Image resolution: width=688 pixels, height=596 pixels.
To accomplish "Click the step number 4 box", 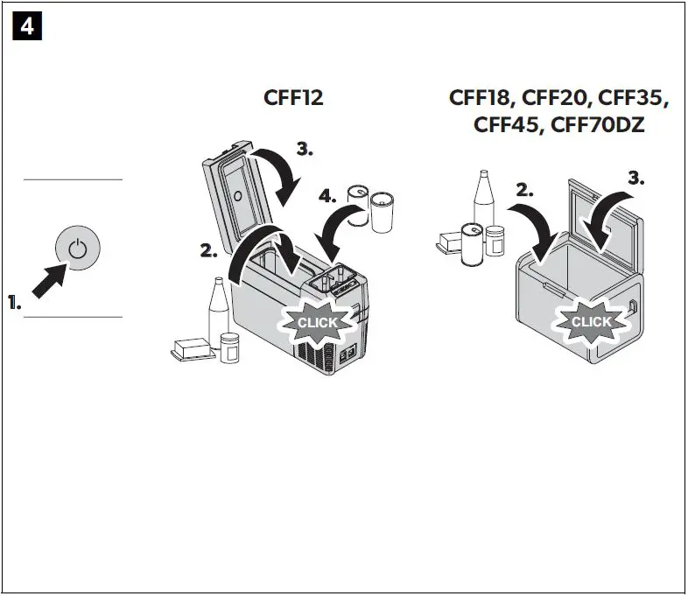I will tap(28, 27).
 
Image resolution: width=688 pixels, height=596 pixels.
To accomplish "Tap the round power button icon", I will tap(78, 248).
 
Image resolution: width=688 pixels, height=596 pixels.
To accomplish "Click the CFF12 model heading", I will tap(293, 98).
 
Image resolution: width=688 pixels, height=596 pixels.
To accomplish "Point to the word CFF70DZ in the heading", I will tap(595, 125).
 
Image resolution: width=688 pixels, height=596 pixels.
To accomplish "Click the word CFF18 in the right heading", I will tap(481, 98).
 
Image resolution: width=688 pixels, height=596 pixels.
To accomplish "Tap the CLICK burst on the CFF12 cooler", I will tap(317, 322).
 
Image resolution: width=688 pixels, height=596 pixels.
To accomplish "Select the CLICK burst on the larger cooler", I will tap(591, 321).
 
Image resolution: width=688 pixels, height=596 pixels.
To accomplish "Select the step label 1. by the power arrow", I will tap(15, 304).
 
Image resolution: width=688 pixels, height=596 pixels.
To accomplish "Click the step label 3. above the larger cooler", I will tap(635, 178).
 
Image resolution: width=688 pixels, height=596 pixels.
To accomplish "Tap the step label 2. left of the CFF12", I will tap(208, 252).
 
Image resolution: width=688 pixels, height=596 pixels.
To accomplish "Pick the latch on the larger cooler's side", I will tap(633, 305).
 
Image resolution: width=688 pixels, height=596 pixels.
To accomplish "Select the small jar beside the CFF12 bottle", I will tap(230, 347).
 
